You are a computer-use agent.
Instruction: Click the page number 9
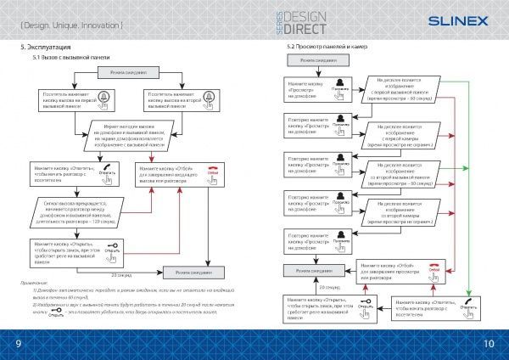click(x=16, y=342)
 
